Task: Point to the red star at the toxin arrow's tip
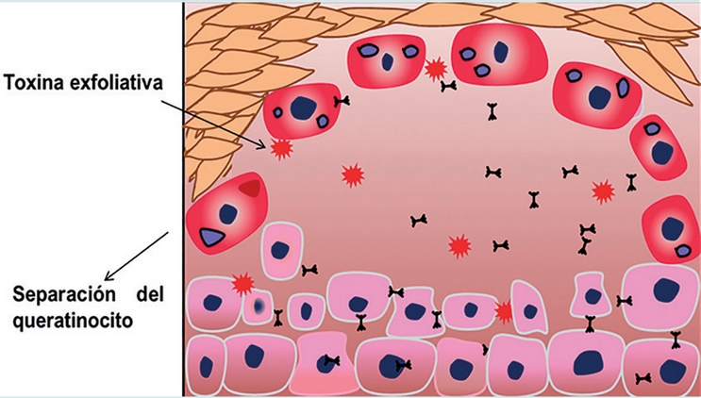(x=280, y=148)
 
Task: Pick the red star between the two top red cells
(x=435, y=69)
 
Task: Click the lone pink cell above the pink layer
(x=281, y=251)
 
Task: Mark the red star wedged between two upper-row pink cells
(x=505, y=310)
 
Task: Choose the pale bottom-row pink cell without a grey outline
(x=324, y=363)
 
